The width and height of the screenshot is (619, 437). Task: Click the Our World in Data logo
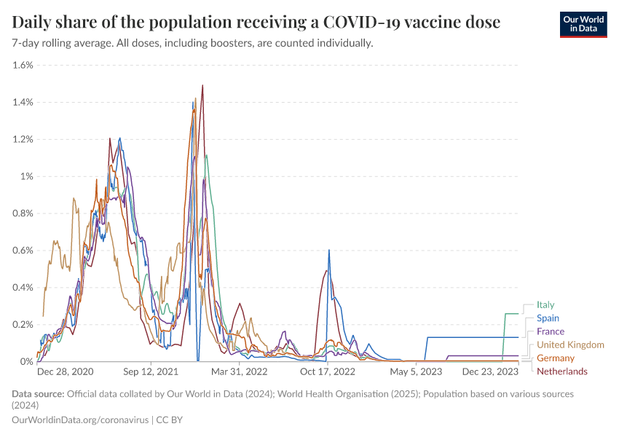pos(583,23)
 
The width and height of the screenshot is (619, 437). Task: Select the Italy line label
pos(545,304)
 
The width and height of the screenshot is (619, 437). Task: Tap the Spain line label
pos(548,318)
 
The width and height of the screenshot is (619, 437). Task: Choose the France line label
pos(550,331)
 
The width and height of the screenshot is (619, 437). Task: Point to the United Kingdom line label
pos(570,345)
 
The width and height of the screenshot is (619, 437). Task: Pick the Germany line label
pos(556,358)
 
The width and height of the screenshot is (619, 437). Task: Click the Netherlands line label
pos(561,371)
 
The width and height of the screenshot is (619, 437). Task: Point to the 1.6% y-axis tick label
pos(23,65)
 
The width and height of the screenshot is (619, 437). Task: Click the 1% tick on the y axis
pos(26,176)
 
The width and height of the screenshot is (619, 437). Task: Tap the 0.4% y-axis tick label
pos(23,287)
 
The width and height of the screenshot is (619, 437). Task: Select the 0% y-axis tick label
pos(27,361)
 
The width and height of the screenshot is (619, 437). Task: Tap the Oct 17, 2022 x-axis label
pos(328,371)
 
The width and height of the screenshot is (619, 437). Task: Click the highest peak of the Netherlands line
pos(202,85)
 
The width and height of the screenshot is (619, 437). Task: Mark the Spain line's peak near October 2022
pos(329,251)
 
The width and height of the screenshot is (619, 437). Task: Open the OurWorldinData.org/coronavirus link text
pos(80,420)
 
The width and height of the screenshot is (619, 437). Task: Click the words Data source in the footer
pos(37,394)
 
